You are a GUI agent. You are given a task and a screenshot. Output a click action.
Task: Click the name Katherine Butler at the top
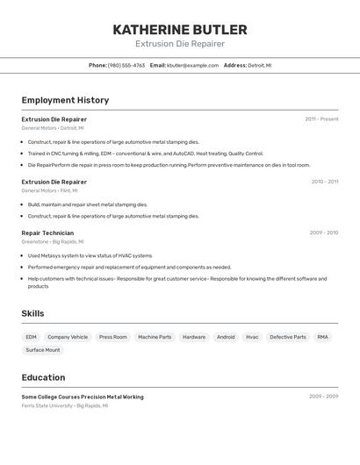180,30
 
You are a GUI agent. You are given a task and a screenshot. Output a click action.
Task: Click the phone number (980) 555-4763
126,65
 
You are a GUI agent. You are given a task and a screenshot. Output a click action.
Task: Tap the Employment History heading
65,100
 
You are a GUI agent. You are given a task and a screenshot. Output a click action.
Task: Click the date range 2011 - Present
321,119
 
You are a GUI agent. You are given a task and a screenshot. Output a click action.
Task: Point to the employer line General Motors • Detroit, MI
49,128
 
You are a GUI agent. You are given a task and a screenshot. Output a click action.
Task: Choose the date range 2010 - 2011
324,182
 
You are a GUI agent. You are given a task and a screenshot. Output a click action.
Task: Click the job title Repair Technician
47,233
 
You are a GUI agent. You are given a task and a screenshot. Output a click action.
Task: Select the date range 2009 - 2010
324,233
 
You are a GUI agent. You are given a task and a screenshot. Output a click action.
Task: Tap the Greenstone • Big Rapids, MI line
53,242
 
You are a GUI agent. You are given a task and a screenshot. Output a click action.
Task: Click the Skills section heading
32,313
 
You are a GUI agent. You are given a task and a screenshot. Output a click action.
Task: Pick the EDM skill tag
31,337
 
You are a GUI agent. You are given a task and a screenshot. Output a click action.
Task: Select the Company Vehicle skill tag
68,337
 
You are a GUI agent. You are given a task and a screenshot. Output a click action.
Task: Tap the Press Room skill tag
112,337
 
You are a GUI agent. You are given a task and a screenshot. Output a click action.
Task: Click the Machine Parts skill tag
155,337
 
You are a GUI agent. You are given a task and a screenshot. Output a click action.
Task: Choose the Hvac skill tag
252,337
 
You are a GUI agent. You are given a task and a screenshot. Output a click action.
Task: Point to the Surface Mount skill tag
43,350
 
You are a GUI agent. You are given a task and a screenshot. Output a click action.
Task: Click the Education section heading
43,377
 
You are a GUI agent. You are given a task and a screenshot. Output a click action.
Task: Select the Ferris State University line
65,406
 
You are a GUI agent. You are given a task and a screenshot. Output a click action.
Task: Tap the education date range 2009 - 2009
323,397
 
